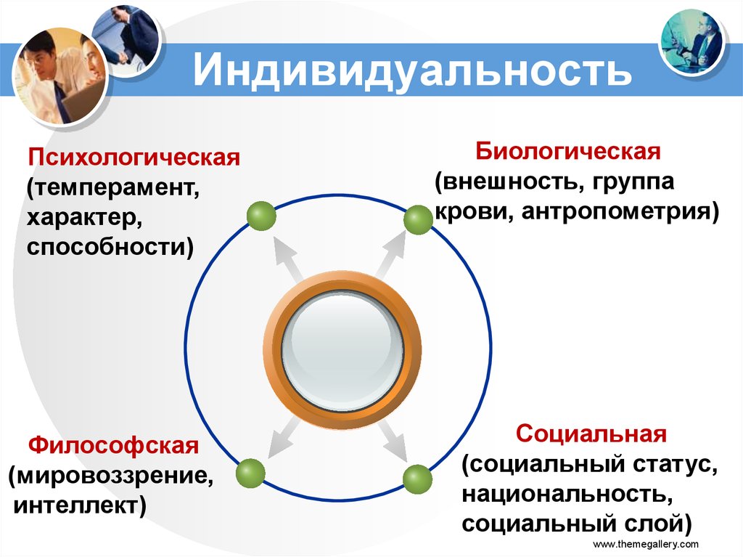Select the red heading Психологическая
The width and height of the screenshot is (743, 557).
click(134, 158)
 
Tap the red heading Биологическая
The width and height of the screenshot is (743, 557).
click(567, 153)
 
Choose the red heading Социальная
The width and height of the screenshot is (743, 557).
click(591, 434)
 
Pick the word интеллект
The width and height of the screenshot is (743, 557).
click(77, 504)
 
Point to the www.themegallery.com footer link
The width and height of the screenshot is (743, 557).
click(646, 544)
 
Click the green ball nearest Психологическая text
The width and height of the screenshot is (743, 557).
click(261, 216)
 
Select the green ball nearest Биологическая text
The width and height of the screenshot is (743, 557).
click(417, 220)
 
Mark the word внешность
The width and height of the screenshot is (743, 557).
click(505, 182)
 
